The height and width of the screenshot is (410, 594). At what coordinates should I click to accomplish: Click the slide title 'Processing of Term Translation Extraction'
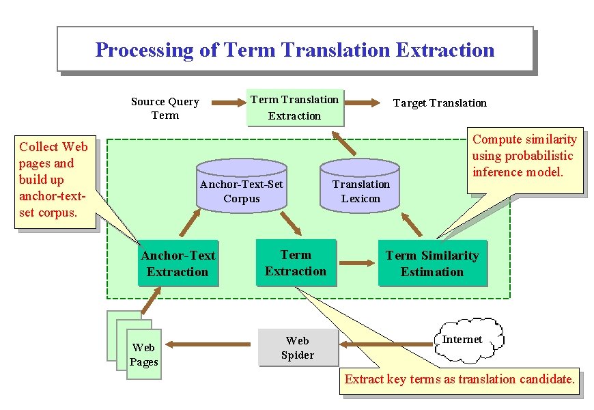click(294, 50)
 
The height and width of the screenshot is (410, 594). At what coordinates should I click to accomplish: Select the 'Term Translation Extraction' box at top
click(294, 108)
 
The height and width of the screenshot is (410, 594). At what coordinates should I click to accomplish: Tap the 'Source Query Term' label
click(165, 108)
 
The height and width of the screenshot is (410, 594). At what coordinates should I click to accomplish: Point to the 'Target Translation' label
click(440, 103)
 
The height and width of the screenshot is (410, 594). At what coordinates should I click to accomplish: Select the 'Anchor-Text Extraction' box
click(178, 263)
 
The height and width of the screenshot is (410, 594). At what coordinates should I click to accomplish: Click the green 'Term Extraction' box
click(296, 262)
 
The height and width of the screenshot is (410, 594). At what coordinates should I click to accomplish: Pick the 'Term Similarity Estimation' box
click(432, 263)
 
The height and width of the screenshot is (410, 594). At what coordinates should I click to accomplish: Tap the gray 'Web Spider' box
click(298, 347)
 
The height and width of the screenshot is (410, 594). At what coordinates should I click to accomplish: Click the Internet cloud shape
click(468, 340)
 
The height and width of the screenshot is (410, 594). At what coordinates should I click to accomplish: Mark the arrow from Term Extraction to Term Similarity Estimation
click(354, 262)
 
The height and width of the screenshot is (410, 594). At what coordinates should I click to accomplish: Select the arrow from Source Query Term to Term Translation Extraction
click(228, 103)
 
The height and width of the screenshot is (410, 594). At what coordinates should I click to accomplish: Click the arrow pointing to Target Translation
click(363, 103)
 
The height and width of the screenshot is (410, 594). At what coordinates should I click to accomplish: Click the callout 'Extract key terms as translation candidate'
click(459, 379)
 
